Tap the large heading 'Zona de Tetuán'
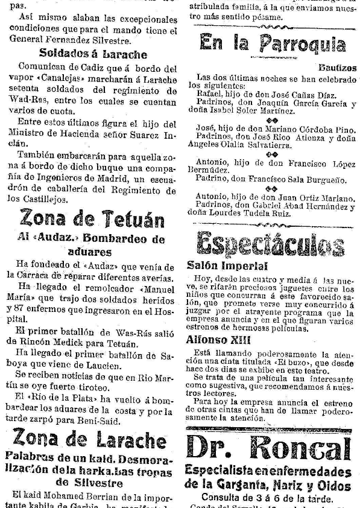92,218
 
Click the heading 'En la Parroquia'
273,43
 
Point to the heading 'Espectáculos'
271,243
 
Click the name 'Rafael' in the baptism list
209,94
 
